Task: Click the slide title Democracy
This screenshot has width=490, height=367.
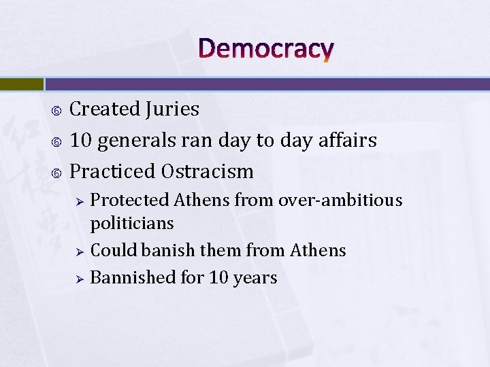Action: click(x=266, y=49)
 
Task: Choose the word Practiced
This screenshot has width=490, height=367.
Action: click(x=113, y=171)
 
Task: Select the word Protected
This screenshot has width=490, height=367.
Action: click(x=129, y=200)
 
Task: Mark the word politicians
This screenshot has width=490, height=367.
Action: click(x=132, y=224)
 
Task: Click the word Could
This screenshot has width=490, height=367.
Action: click(x=110, y=251)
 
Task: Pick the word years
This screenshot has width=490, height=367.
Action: click(x=255, y=279)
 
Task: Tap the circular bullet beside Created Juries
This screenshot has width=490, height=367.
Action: click(x=57, y=110)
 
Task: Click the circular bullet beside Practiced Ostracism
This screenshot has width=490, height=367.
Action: click(x=57, y=172)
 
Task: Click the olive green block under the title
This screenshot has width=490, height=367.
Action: click(x=21, y=84)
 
